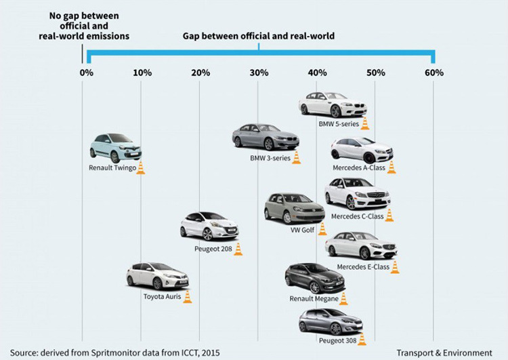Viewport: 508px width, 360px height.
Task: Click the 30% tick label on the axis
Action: (257, 73)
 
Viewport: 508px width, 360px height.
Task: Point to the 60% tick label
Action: (434, 73)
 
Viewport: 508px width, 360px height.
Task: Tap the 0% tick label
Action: (87, 73)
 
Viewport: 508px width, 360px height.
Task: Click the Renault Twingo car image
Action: (115, 147)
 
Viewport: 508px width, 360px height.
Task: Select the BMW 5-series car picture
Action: (333, 104)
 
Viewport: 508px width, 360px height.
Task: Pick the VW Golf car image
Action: (294, 208)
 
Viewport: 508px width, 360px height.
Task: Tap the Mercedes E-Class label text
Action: (363, 267)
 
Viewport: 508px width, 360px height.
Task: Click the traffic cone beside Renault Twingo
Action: (140, 167)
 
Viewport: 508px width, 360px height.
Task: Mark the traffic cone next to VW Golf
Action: (322, 228)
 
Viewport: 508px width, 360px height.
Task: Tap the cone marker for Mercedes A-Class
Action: (391, 167)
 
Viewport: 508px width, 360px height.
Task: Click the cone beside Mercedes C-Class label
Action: (389, 216)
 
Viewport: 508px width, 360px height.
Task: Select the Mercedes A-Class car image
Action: (362, 150)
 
